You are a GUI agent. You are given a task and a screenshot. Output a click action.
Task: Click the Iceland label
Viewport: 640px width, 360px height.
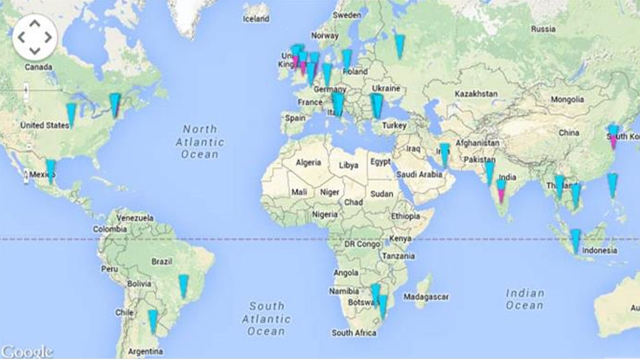click(x=256, y=19)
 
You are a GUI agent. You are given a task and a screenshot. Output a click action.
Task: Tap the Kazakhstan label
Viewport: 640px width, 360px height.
click(x=476, y=94)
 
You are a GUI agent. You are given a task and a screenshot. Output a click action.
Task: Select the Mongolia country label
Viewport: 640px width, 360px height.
click(x=567, y=99)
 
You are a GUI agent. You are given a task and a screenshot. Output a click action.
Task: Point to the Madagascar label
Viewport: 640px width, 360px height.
click(x=426, y=297)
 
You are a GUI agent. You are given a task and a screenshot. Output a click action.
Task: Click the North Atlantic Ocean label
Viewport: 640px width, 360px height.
click(x=200, y=142)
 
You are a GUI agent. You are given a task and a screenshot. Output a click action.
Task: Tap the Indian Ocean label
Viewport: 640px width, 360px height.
click(x=525, y=299)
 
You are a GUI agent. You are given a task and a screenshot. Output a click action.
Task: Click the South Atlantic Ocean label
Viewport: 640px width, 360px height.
click(x=266, y=319)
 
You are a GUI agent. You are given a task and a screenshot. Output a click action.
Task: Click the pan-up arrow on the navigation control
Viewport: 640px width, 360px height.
click(x=35, y=24)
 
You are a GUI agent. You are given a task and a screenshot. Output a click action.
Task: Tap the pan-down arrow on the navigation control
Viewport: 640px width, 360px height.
click(x=35, y=51)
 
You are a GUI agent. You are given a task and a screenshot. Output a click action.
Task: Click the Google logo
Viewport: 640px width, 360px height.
click(x=27, y=351)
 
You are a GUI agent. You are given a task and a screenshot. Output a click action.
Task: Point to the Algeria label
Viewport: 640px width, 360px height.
click(x=308, y=163)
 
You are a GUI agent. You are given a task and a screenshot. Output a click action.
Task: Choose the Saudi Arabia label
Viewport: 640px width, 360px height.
click(x=419, y=174)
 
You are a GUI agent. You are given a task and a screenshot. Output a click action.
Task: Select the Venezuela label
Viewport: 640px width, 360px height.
click(x=135, y=218)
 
